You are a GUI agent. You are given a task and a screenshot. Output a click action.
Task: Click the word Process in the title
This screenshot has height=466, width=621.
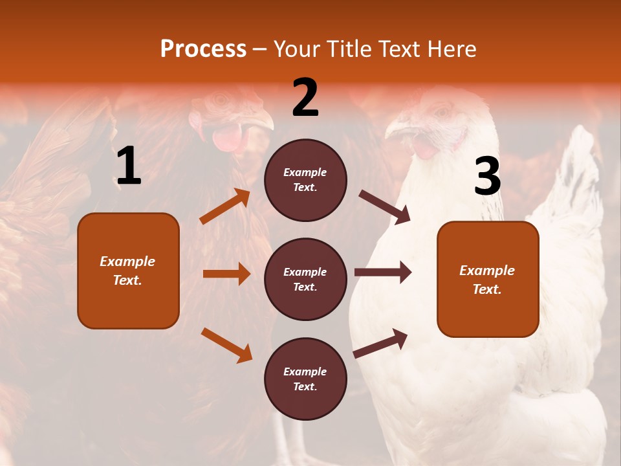click(x=203, y=49)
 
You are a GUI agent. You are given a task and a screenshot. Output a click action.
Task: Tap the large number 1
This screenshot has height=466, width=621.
click(x=129, y=166)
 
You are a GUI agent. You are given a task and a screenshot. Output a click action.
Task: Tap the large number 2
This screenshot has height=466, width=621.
click(x=305, y=98)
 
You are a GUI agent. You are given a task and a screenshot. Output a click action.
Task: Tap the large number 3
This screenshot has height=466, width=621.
click(x=487, y=177)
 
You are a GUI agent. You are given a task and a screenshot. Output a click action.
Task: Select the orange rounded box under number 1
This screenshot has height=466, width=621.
click(x=128, y=271)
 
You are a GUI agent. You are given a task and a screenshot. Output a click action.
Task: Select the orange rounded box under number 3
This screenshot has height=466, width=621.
click(x=488, y=279)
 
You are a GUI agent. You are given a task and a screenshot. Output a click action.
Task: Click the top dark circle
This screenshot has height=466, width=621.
click(x=305, y=180)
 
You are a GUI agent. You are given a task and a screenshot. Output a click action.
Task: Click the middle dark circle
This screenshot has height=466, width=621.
click(x=305, y=279)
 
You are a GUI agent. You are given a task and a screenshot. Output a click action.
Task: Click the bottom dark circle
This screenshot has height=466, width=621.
click(x=305, y=379)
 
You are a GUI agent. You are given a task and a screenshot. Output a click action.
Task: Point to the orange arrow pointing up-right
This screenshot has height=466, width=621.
click(x=225, y=206)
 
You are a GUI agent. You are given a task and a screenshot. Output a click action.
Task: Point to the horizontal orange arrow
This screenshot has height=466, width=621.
click(x=226, y=274)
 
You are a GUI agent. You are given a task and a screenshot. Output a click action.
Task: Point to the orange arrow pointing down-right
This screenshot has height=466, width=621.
click(x=227, y=345)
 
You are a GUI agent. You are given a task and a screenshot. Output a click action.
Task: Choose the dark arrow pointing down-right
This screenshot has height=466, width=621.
click(x=385, y=207)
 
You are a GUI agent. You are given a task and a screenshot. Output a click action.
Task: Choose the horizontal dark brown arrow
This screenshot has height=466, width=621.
click(x=383, y=272)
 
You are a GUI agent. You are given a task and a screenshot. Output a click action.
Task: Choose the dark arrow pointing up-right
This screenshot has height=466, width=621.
click(x=381, y=343)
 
